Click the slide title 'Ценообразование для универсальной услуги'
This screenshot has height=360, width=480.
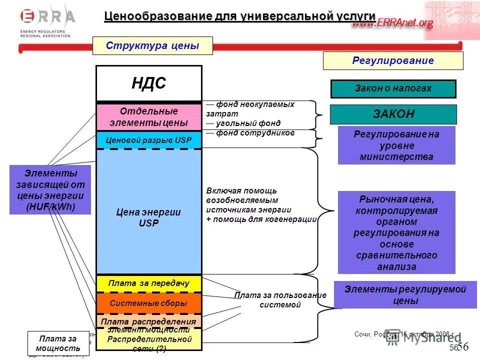239,16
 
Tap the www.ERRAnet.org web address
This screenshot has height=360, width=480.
392,23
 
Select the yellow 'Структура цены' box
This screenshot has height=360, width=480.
152,46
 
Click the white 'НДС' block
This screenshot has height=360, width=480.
149,83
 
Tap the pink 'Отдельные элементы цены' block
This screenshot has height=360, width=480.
149,117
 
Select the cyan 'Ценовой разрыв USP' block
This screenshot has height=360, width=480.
149,140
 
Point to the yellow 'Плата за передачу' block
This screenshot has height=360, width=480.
149,283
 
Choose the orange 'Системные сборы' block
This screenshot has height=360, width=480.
149,303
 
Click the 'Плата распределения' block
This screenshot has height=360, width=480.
149,321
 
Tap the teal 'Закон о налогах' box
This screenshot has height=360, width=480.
393,89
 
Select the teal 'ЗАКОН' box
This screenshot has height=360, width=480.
393,114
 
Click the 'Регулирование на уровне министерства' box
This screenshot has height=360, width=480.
396,145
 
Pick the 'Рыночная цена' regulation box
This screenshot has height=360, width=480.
396,232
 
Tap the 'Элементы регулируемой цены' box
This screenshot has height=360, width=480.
405,295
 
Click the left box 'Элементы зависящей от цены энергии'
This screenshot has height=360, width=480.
50,190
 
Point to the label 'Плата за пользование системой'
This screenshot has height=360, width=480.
280,300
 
